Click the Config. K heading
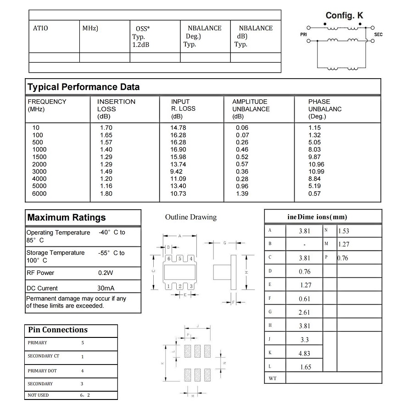[x=344, y=16]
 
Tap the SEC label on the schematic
[x=378, y=34]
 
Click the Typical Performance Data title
[x=84, y=87]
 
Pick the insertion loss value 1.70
[x=106, y=128]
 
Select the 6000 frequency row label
[x=39, y=194]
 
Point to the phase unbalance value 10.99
[x=316, y=171]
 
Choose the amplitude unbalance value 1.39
[x=242, y=194]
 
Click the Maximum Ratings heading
[x=67, y=217]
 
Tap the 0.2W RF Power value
[x=106, y=273]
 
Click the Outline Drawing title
[x=190, y=217]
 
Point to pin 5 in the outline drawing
[x=180, y=259]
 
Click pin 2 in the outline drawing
[x=180, y=286]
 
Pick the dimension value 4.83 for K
[x=305, y=354]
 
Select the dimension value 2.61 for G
[x=305, y=313]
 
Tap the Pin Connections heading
[x=58, y=330]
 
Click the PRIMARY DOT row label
[x=42, y=371]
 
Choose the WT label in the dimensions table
[x=272, y=378]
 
